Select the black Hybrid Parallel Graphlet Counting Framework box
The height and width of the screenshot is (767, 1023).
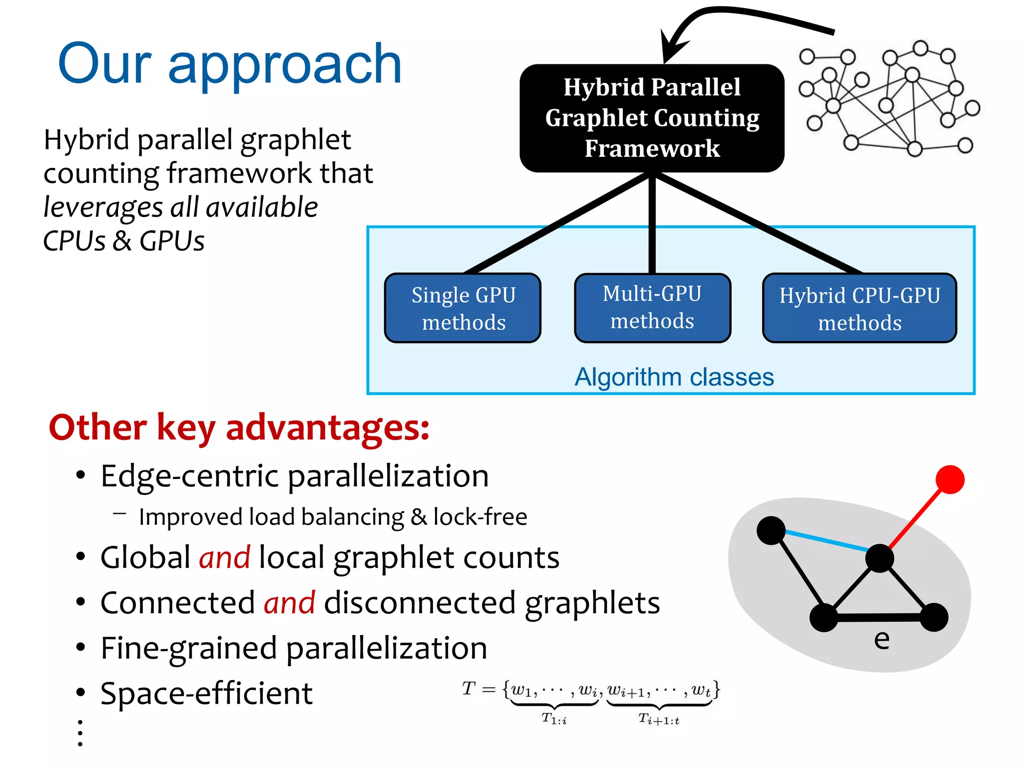pos(652,118)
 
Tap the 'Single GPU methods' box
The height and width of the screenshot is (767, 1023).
pos(463,308)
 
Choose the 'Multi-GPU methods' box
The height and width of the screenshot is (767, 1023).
pos(652,307)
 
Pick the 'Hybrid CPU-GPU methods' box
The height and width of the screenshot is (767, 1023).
pos(859,309)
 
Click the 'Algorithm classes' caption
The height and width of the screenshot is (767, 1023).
pos(674,377)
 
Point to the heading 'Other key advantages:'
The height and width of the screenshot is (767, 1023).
pos(239,428)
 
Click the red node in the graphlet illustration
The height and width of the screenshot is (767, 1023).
pos(950,479)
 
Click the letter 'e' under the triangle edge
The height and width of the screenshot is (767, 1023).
pos(882,639)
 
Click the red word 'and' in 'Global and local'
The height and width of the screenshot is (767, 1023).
pos(225,557)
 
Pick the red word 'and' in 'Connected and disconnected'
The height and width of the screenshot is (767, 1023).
pos(290,603)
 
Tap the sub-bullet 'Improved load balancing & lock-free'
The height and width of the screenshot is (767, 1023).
pos(333,517)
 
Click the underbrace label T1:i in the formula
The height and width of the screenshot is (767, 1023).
pos(554,719)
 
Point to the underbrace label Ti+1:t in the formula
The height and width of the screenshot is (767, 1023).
pos(659,720)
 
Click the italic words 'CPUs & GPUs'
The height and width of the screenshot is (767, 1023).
pos(124,241)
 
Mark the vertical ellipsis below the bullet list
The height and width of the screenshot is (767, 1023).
pos(80,733)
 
